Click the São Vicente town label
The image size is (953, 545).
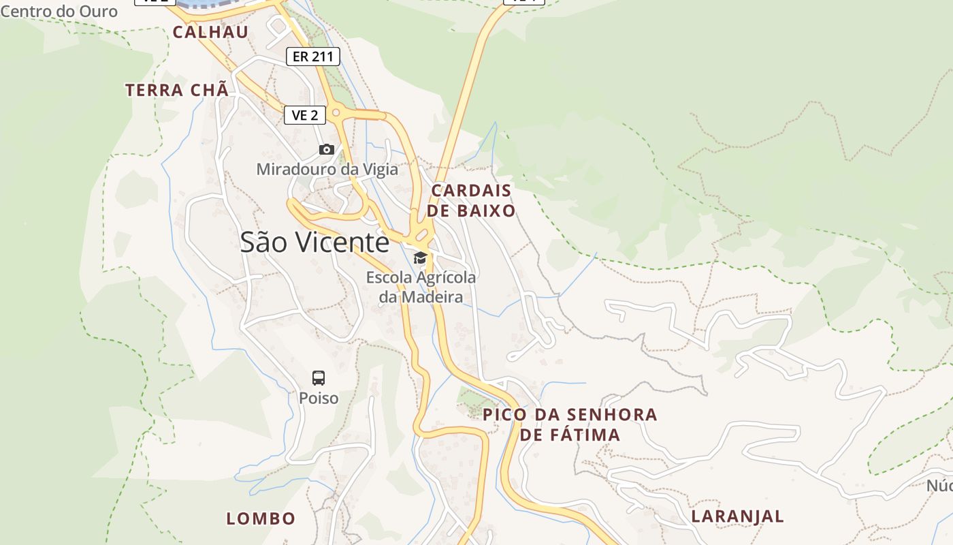314,242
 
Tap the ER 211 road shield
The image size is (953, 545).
312,57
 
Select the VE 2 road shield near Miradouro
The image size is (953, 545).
304,115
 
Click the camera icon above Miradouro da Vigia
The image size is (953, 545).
327,149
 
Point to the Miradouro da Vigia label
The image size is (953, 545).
327,168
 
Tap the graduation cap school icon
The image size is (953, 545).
421,258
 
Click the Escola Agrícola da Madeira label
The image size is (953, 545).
421,287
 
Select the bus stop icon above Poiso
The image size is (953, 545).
319,378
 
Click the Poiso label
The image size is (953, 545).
319,398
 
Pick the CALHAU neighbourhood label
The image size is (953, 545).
210,32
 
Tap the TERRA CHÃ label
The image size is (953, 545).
176,90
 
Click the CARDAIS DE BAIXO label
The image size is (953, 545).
471,200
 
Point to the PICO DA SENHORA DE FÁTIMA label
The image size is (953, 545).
570,424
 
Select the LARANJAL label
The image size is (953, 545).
737,516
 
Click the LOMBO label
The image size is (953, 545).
261,518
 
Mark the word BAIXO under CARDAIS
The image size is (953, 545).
486,211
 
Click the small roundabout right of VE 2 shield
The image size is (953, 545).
336,112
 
